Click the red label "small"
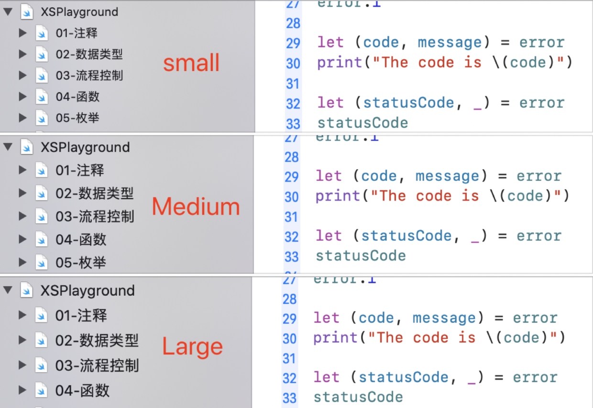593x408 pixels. (191, 64)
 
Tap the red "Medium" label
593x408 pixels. (196, 206)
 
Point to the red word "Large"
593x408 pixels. (192, 346)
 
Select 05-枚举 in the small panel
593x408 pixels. (77, 118)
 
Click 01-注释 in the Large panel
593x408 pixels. (81, 316)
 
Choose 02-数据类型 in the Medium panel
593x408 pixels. (94, 193)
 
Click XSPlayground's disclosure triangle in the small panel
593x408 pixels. (8, 12)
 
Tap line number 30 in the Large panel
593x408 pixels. (290, 339)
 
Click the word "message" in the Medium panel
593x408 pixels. (447, 176)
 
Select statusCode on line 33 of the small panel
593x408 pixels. (362, 123)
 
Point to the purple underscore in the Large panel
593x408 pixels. (471, 378)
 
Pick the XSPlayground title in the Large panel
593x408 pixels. (88, 291)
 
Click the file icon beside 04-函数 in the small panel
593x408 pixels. (42, 97)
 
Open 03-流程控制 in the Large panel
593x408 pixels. (97, 366)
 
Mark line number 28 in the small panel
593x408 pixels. (293, 23)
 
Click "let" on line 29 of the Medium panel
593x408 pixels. (329, 176)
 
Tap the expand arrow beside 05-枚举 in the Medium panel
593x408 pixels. (22, 262)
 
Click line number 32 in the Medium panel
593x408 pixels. (292, 237)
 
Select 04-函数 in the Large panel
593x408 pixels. (82, 391)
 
